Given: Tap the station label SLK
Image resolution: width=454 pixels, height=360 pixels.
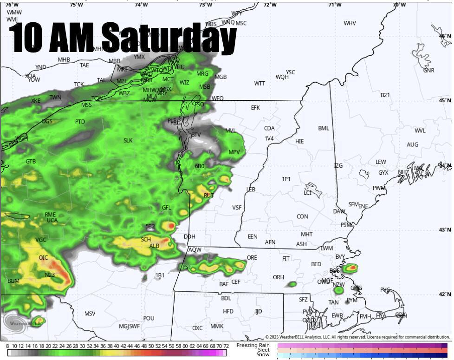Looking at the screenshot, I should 128,140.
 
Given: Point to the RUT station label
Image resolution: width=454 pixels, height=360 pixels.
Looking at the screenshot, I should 209,196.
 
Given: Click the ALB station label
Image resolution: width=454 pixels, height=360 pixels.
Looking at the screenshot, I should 154,246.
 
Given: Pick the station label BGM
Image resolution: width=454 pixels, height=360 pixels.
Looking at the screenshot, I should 13,281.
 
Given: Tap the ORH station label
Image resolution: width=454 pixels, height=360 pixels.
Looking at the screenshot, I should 278,277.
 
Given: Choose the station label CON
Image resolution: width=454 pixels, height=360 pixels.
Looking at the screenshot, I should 302,216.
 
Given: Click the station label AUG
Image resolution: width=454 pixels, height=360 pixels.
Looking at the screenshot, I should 412,145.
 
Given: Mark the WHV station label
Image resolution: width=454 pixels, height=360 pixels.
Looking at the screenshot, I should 350,23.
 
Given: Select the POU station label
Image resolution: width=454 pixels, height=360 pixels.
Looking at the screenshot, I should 149,318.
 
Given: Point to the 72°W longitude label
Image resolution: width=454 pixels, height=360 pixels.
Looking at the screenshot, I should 270,5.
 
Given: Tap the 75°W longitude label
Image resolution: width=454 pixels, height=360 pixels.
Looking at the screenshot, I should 76,5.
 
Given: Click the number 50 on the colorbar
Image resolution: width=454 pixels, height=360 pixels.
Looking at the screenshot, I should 151,346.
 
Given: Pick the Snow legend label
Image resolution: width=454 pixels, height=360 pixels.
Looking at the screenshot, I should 263,354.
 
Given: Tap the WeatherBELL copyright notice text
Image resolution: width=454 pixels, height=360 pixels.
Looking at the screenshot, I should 357,337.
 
